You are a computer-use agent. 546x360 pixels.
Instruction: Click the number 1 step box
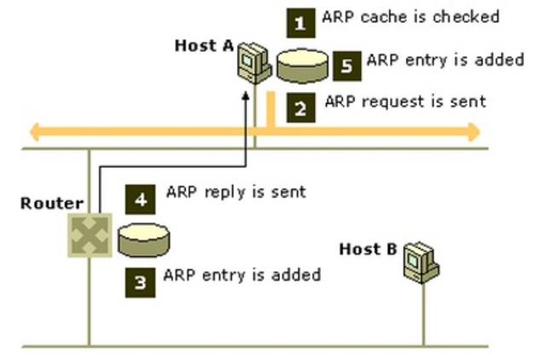click(301, 23)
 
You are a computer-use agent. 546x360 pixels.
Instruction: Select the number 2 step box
click(301, 108)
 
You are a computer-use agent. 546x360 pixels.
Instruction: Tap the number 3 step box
click(140, 282)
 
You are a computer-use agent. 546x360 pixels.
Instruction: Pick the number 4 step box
click(140, 200)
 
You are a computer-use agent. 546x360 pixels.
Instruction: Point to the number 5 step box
click(347, 67)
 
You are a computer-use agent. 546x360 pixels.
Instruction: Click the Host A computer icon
click(254, 63)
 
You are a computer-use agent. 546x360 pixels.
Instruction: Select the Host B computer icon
click(421, 262)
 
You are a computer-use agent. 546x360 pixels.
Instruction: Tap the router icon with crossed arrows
click(90, 235)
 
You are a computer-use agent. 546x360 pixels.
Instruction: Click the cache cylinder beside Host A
click(302, 67)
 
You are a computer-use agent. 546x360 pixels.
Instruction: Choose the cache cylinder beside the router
click(144, 241)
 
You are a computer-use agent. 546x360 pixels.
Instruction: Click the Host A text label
click(204, 45)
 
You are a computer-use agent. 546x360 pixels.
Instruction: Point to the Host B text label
click(368, 249)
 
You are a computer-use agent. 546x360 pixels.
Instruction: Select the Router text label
click(52, 203)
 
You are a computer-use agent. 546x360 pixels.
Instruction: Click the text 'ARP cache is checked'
click(411, 17)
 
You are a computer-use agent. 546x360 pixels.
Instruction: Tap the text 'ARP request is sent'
click(405, 102)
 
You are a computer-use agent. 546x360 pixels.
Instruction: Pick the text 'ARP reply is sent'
click(236, 192)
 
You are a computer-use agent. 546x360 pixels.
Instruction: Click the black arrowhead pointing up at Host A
click(246, 96)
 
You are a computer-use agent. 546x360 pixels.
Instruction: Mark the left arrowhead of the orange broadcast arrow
click(35, 132)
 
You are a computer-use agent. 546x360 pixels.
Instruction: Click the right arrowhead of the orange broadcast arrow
click(475, 132)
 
